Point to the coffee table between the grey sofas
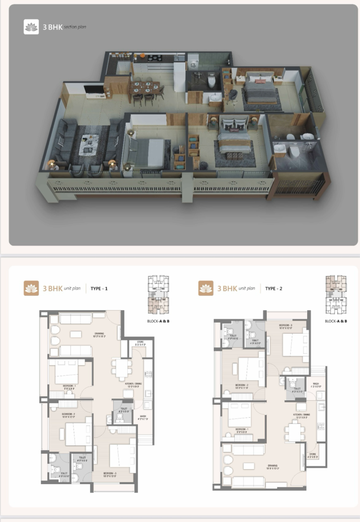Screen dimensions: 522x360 [x=89, y=144]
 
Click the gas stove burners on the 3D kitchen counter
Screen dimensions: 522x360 [x=154, y=58]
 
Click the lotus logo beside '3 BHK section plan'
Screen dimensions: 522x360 [x=31, y=27]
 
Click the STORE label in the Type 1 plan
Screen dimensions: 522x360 [x=140, y=342]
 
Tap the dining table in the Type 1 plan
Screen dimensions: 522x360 [x=122, y=367]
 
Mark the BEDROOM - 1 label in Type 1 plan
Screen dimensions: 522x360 [x=70, y=386]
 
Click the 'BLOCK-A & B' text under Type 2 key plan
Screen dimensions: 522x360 [x=336, y=321]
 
